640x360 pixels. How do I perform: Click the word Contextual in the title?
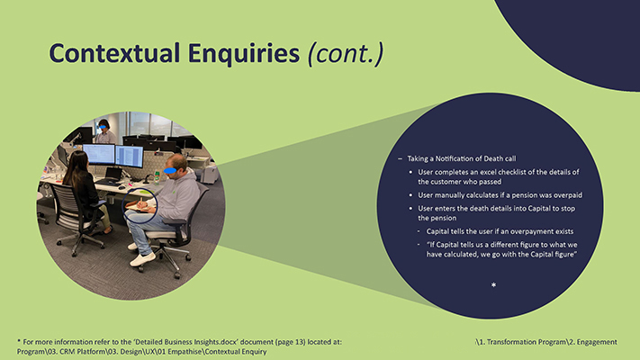point(108,53)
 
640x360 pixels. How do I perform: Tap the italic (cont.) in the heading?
point(346,53)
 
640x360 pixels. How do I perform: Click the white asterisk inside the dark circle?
point(493,285)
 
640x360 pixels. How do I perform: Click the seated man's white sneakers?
point(142,257)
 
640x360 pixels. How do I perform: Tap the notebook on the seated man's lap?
point(140,207)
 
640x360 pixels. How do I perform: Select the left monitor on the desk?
point(98,155)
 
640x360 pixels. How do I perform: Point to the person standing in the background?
point(105,131)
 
